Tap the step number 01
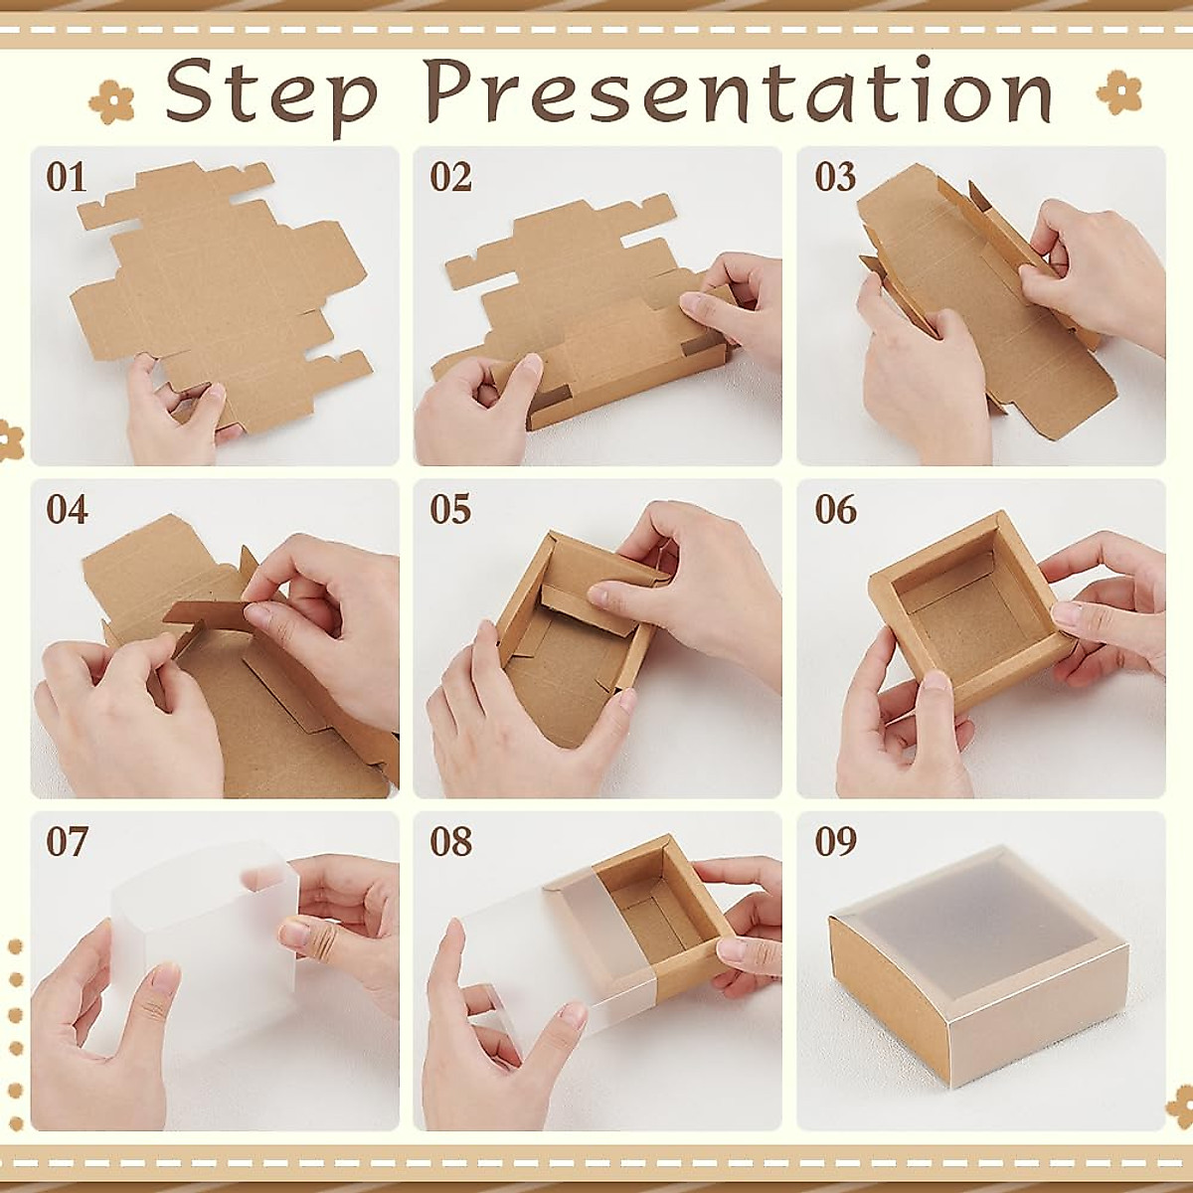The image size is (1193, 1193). point(67,178)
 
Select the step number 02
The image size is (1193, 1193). point(450,178)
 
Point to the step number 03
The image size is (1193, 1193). point(835,178)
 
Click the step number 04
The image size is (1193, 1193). point(67,510)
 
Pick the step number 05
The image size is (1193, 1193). point(450,510)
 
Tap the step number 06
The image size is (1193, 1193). point(835,510)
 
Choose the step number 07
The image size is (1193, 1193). point(67,842)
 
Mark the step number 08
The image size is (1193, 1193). point(450,842)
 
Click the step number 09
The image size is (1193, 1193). point(835,842)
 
